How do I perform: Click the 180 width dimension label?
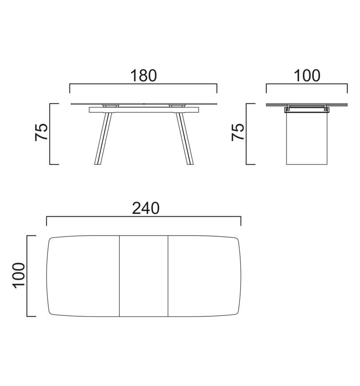[143, 76]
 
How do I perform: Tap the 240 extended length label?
[146, 208]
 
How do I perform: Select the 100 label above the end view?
[307, 76]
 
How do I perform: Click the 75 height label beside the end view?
[238, 132]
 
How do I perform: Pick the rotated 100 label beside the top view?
[19, 275]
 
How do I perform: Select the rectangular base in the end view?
[307, 139]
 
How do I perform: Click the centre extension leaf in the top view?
[144, 276]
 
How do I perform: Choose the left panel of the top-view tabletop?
[83, 276]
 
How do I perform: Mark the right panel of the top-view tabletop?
[204, 276]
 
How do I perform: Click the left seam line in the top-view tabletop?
[120, 276]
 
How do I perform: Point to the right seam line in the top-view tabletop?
[168, 276]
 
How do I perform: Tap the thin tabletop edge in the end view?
[307, 105]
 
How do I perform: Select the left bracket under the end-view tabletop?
[288, 109]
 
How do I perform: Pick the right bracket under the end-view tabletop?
[327, 109]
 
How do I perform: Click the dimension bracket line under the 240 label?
[144, 217]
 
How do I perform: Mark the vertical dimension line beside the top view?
[28, 276]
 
